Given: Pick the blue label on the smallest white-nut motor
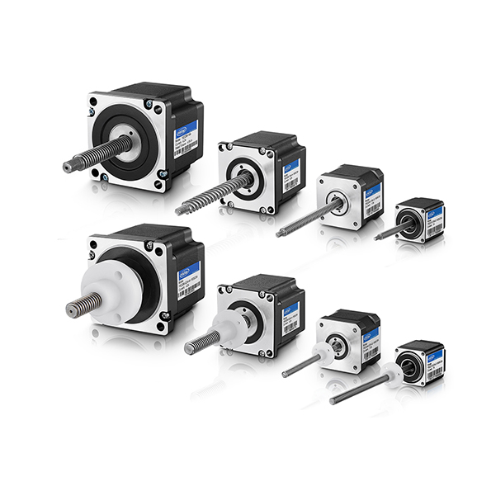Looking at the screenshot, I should [x=437, y=361].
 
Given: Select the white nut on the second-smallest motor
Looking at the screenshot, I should [x=324, y=352].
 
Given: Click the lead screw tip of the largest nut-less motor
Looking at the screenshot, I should [x=68, y=167].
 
